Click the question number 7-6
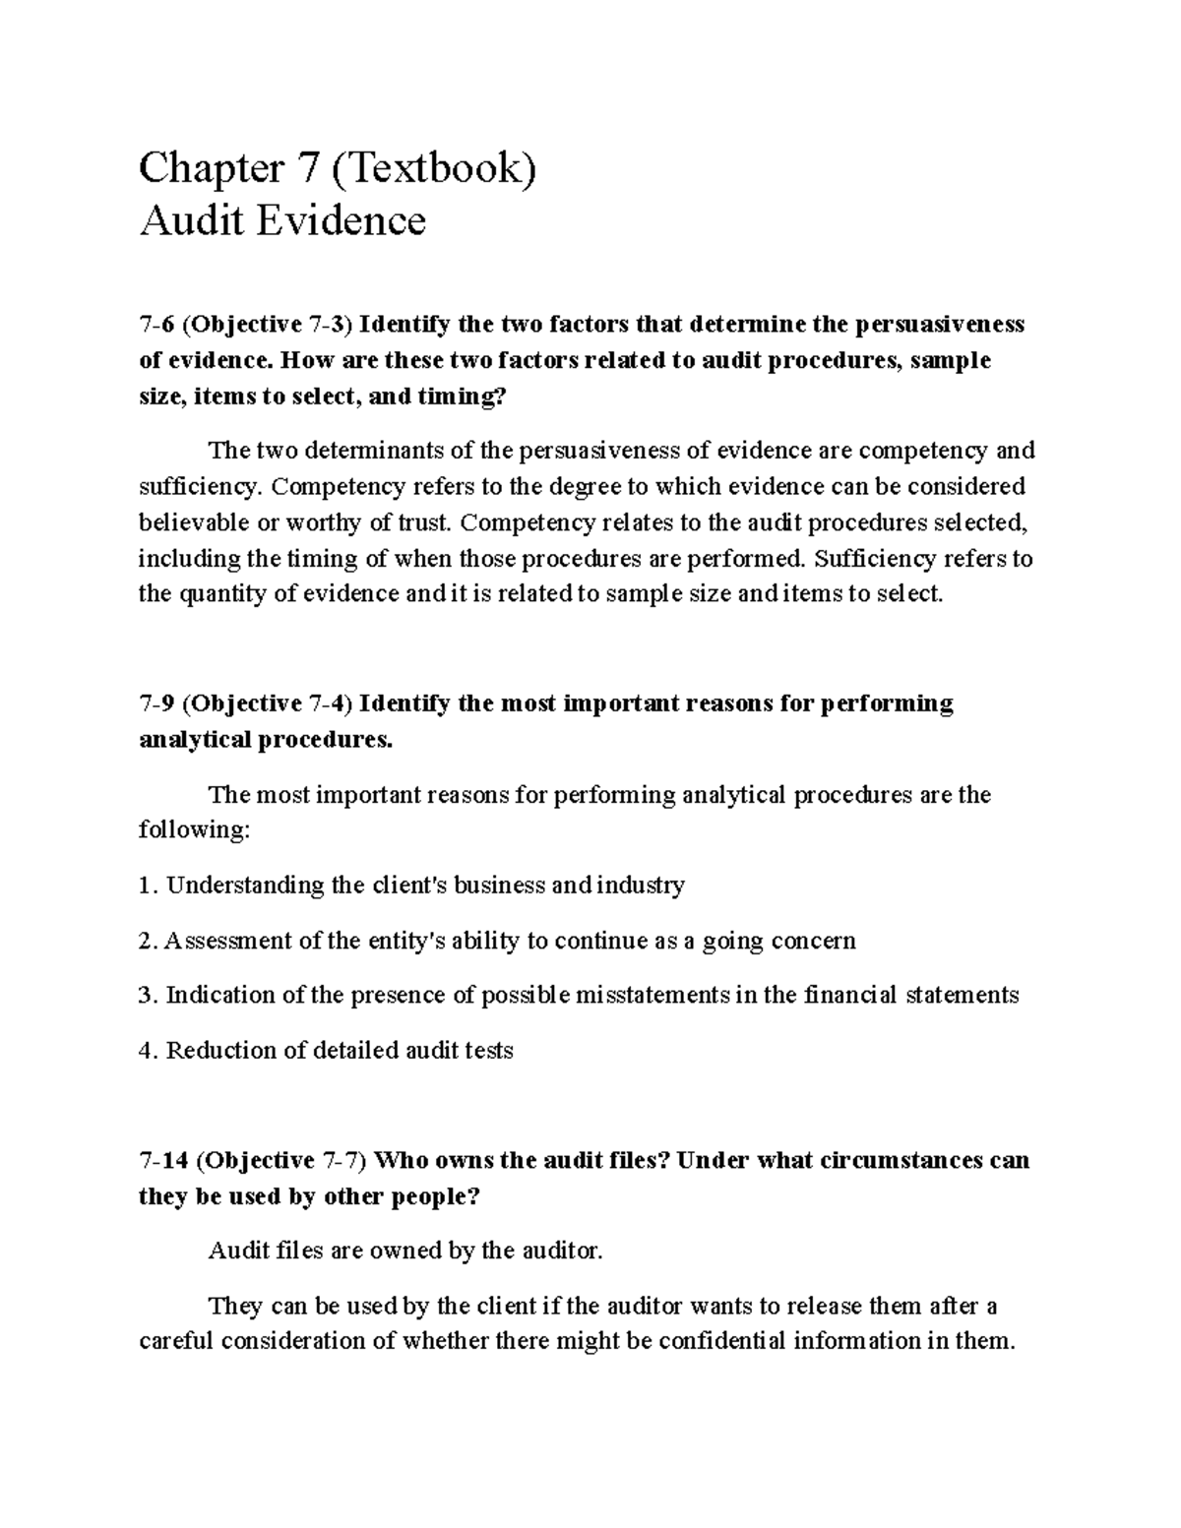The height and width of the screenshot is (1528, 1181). (155, 325)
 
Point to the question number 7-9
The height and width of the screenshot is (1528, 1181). (155, 703)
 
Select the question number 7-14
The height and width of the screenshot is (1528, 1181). (162, 1160)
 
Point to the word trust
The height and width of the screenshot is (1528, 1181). (422, 522)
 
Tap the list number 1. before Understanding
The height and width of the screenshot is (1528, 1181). (148, 886)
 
